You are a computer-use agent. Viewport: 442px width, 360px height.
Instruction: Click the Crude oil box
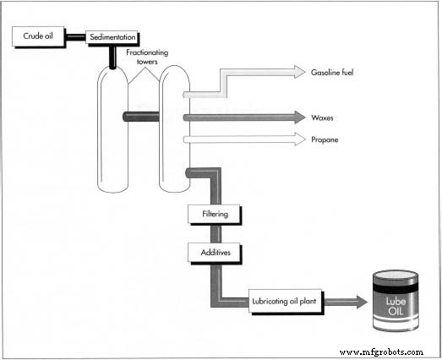37,36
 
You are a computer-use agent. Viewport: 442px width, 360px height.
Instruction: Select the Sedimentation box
112,38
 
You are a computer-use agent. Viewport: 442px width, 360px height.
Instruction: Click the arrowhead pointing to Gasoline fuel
297,73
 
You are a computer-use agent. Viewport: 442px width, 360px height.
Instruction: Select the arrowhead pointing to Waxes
297,117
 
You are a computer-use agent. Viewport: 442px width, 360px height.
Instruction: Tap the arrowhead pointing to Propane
297,138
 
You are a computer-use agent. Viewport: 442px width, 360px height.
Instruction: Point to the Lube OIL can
396,302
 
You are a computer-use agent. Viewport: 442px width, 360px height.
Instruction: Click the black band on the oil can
396,288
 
